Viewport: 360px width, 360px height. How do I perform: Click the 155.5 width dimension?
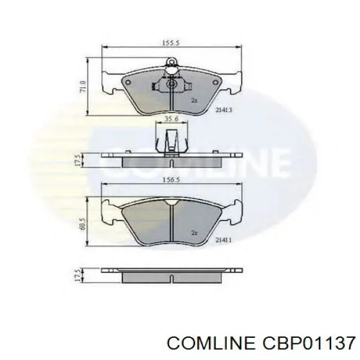[170, 43]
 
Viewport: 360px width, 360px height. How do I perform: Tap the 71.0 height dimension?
[83, 86]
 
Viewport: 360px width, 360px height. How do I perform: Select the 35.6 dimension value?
[172, 119]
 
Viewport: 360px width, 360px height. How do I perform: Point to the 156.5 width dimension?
[171, 180]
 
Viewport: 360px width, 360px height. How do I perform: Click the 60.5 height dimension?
[83, 223]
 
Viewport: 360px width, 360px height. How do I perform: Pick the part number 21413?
[223, 110]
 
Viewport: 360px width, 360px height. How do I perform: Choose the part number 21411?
[223, 240]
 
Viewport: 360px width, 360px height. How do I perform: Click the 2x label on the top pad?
[194, 100]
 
